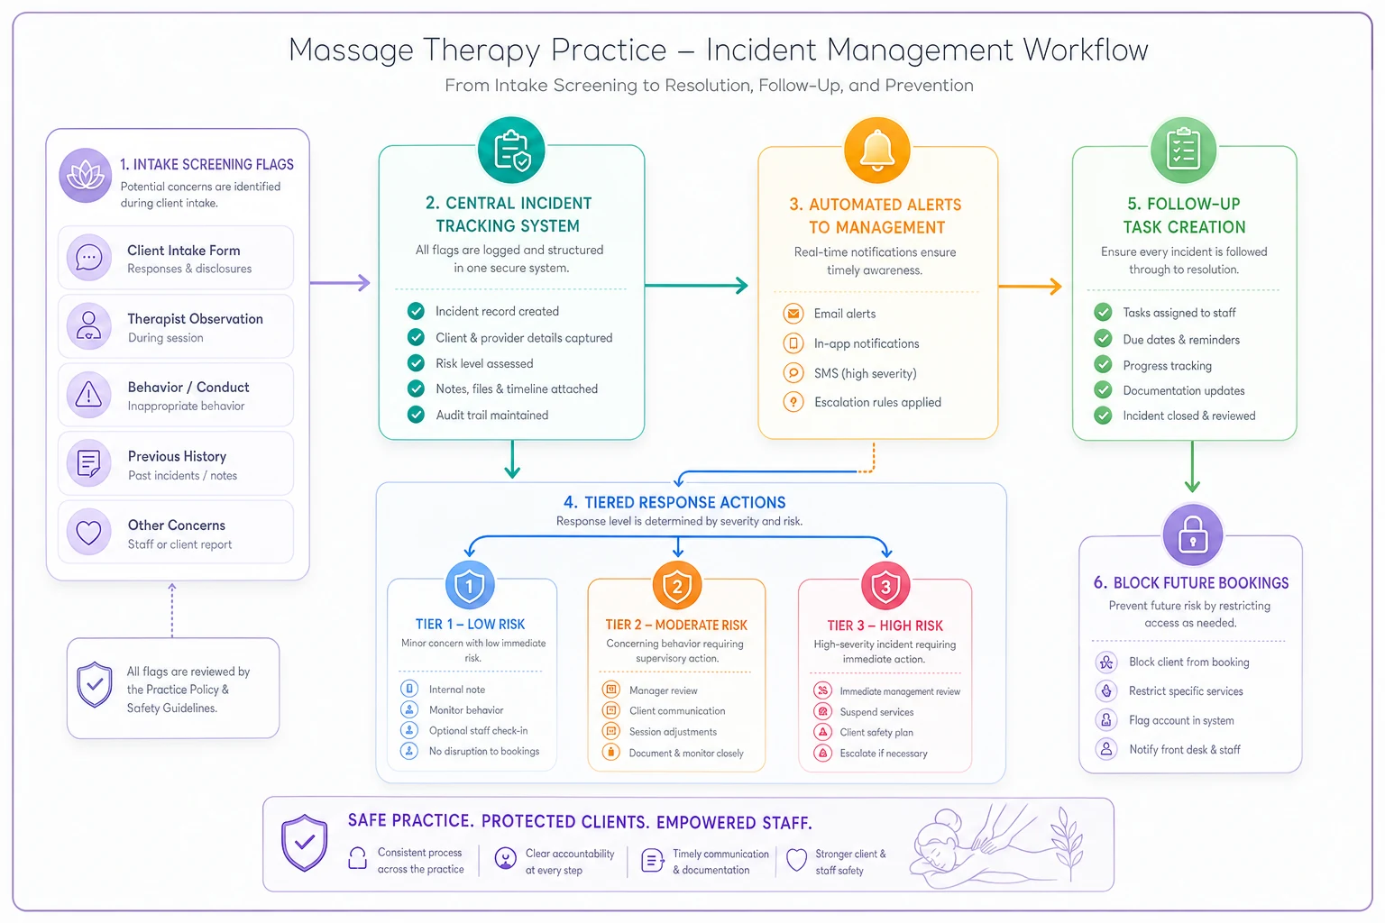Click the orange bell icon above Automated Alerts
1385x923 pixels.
(x=876, y=151)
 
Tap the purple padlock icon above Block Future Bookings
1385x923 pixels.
(x=1193, y=535)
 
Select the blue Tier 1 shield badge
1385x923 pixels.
(x=470, y=585)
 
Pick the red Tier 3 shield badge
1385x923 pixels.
(x=885, y=586)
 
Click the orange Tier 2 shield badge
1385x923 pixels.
(x=677, y=586)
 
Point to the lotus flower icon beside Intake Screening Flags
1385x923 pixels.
(x=86, y=176)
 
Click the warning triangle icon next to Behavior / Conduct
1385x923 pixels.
(x=88, y=395)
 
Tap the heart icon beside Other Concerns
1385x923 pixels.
(x=88, y=532)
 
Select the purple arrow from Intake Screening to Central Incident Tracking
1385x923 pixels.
(x=340, y=282)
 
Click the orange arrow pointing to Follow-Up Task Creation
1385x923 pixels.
(x=1031, y=287)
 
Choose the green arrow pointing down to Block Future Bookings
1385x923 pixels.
(x=1192, y=466)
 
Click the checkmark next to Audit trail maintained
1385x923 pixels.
(x=416, y=415)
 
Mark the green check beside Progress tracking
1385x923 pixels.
(x=1103, y=365)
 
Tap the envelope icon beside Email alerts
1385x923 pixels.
(x=793, y=314)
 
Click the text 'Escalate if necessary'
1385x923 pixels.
(x=884, y=753)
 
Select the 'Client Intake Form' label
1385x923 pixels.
(x=184, y=251)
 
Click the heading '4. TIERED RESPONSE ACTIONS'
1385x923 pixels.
(x=674, y=502)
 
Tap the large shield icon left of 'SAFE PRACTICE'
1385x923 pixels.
(x=304, y=843)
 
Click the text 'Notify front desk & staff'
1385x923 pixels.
(x=1185, y=749)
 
